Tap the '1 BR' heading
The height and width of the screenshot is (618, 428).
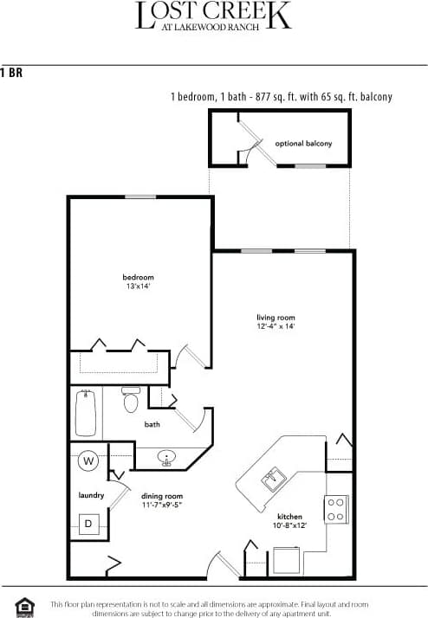pos(11,73)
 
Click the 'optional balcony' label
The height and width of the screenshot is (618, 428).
pos(303,143)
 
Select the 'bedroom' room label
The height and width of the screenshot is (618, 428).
pos(138,277)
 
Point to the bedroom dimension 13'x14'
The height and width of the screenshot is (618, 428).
pos(138,286)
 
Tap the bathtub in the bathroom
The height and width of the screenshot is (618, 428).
pos(86,414)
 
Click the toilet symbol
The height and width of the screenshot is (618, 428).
pos(131,400)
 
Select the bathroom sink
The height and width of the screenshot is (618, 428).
pos(168,458)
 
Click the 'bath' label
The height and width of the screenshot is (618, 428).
pos(152,425)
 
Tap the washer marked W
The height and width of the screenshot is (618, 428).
pos(88,460)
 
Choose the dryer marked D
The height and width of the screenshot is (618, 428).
pos(88,523)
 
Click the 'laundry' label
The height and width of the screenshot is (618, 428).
pos(90,495)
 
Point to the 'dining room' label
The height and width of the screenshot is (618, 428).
pos(161,496)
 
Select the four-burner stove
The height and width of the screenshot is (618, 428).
pos(335,509)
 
